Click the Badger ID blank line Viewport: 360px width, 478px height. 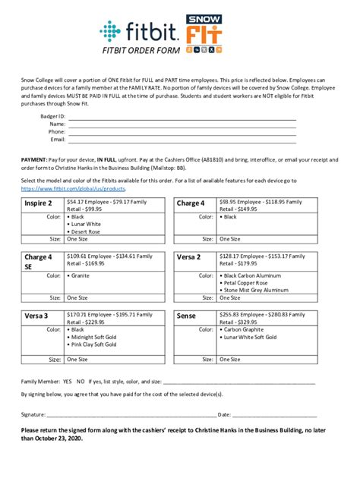182,118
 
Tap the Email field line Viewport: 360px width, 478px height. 182,140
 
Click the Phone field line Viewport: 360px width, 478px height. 182,133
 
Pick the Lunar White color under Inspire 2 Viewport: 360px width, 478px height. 88,224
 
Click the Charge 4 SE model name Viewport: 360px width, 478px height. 38,262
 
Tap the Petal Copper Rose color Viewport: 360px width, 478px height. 250,283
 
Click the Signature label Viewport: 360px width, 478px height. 33,415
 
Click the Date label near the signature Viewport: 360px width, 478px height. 224,415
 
